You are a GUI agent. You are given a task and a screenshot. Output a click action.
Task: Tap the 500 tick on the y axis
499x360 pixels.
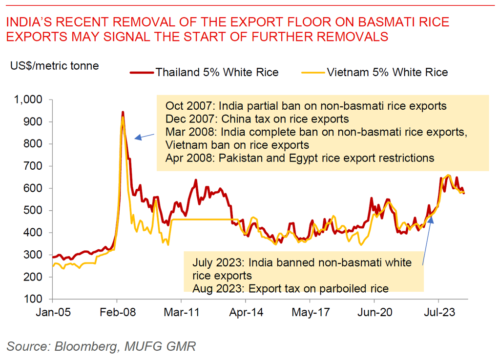tap(38, 211)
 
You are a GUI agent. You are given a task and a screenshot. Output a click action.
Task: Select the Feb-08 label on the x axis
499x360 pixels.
tap(117, 312)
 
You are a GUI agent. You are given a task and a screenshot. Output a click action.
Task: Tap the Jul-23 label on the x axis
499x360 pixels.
tap(438, 312)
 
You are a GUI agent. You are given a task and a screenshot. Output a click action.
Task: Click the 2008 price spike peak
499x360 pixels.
tap(123, 113)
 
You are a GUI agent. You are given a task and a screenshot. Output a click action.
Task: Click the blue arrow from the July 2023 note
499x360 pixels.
tap(427, 241)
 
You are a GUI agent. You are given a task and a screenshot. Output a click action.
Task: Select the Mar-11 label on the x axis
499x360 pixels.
tap(181, 312)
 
